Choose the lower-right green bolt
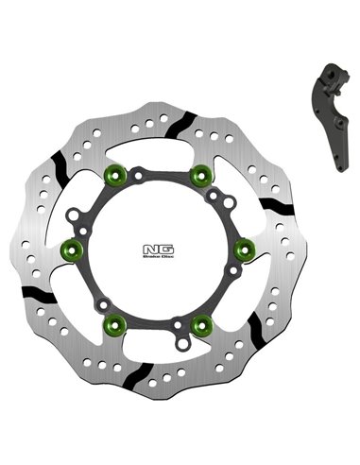(199, 324)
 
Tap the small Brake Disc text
(154, 263)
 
